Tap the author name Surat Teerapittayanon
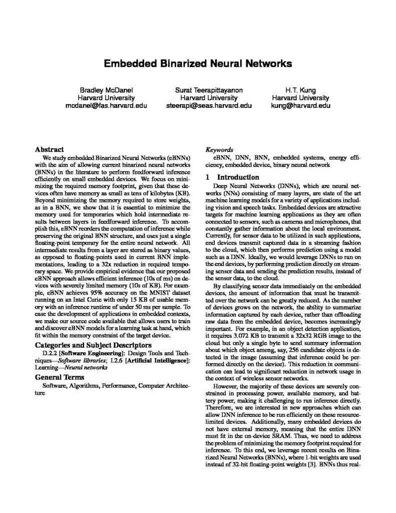(x=209, y=89)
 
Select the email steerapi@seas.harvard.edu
(x=209, y=106)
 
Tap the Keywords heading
(x=220, y=149)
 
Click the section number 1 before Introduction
(x=209, y=177)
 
